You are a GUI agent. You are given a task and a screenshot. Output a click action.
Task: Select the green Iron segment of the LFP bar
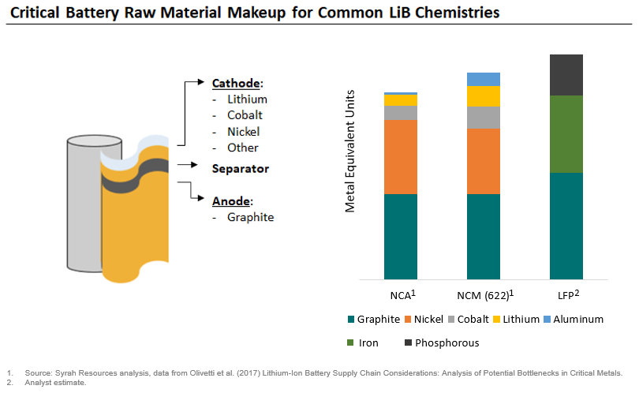[566, 134]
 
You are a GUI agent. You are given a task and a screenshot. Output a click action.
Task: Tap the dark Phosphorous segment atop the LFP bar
[566, 75]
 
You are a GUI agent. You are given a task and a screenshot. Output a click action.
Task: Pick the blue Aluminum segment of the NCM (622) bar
[483, 79]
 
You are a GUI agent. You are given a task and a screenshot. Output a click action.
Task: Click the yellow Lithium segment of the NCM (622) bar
[483, 96]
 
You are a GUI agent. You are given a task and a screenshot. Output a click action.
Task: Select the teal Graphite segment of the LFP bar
[566, 226]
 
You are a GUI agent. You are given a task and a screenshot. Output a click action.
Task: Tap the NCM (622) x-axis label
[483, 297]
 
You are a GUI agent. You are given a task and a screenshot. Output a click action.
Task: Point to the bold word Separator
[240, 169]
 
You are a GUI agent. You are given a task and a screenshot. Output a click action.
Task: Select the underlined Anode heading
[231, 200]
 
